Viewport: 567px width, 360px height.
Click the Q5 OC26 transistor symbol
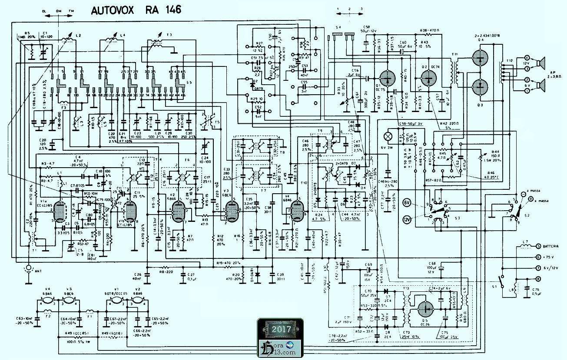coord(425,309)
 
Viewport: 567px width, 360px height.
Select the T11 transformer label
coord(455,54)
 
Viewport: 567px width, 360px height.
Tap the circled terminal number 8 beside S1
coord(538,279)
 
